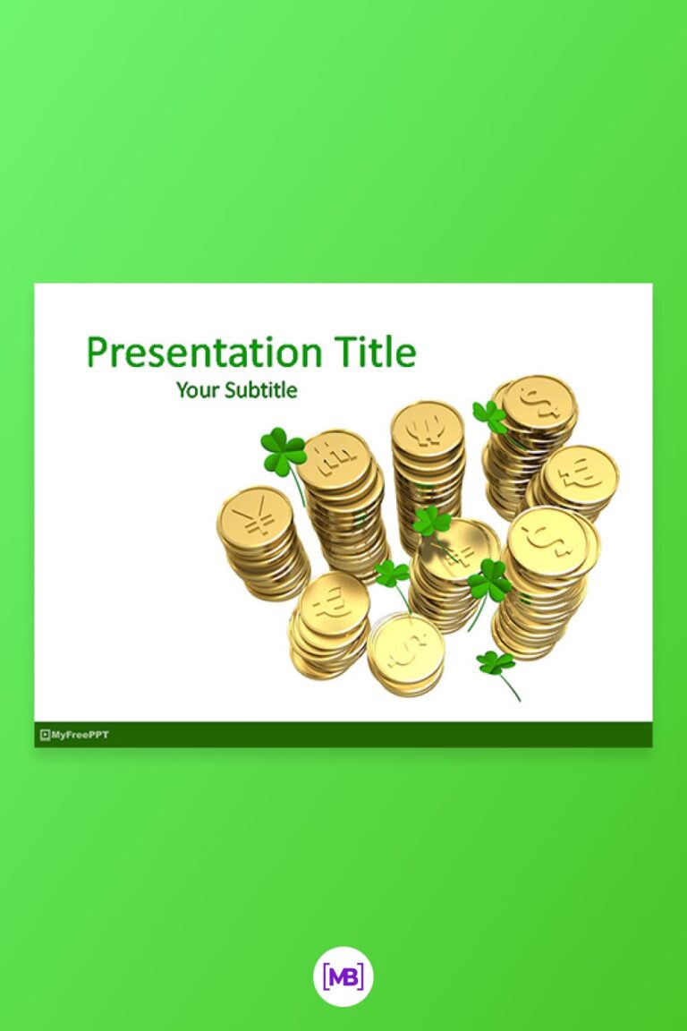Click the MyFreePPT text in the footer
(x=81, y=735)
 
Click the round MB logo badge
(x=343, y=978)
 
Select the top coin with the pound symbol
(x=335, y=459)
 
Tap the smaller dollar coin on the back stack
(x=539, y=404)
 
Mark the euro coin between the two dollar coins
(x=582, y=473)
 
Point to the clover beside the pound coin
(x=283, y=450)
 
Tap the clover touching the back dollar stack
(x=489, y=415)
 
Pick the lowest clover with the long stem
(x=496, y=663)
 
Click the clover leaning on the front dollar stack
(x=490, y=582)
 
